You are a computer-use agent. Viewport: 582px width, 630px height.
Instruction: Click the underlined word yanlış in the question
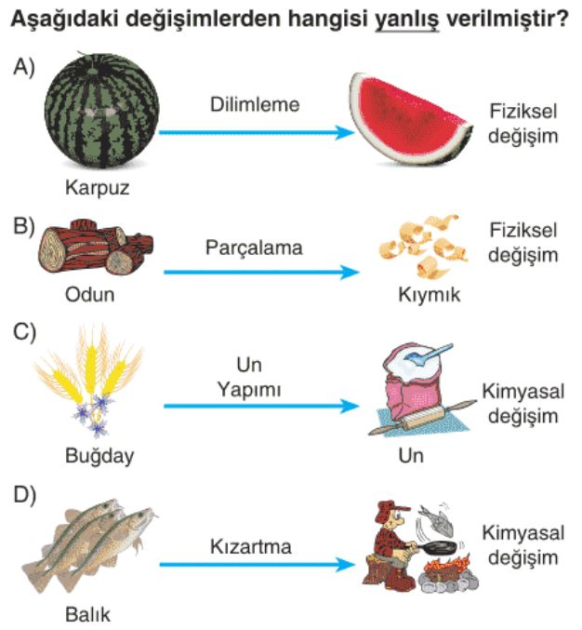(x=407, y=20)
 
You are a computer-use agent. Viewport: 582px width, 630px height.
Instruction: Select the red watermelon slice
(x=409, y=119)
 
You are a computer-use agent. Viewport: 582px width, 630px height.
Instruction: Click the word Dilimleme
(x=255, y=104)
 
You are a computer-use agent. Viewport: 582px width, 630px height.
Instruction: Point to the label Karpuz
(x=97, y=187)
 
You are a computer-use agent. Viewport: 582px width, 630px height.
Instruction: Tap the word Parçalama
(x=254, y=248)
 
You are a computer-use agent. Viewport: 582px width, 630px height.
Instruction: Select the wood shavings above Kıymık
(x=424, y=245)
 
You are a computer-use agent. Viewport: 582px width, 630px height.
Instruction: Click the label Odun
(x=90, y=294)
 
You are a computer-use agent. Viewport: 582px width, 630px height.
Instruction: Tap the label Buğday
(x=99, y=456)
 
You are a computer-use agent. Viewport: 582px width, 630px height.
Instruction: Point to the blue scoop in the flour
(x=429, y=355)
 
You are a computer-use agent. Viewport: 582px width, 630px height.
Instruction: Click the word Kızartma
(x=250, y=546)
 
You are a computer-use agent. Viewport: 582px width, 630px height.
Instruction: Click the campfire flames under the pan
(x=446, y=566)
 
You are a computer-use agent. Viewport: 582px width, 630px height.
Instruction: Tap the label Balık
(x=87, y=615)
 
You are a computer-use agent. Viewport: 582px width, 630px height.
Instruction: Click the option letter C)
(x=24, y=332)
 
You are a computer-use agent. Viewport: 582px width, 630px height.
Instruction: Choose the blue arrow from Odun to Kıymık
(x=261, y=273)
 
